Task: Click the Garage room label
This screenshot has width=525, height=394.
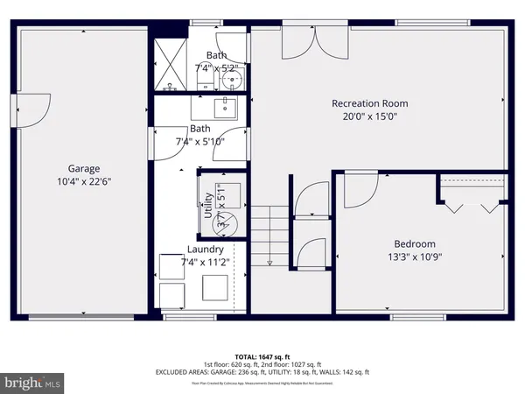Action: [85, 169]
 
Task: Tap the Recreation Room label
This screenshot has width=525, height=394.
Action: [369, 103]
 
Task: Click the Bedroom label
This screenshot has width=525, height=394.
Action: [415, 243]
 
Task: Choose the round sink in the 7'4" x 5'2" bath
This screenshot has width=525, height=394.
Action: [232, 81]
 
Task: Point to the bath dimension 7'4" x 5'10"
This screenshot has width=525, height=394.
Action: [200, 140]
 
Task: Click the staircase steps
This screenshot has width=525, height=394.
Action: [269, 235]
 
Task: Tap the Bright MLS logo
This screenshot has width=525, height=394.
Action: [33, 383]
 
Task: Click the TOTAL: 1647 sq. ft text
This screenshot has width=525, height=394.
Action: [262, 356]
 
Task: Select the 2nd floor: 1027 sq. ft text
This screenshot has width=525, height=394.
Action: [293, 364]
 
